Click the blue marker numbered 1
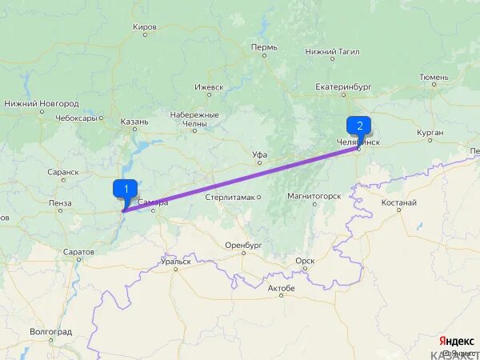(125, 189)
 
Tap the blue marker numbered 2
(358, 125)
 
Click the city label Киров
(145, 26)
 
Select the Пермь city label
(264, 47)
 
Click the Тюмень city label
(434, 78)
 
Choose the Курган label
(430, 132)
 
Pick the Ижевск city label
(209, 87)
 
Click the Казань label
(134, 122)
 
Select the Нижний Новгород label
(42, 104)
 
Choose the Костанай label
(398, 202)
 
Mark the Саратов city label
(78, 251)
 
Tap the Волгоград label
(50, 331)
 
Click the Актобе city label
(281, 287)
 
